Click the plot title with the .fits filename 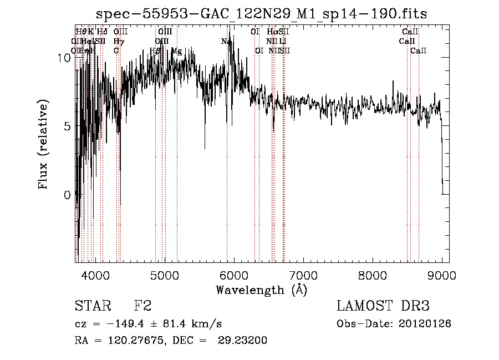pyautogui.click(x=262, y=14)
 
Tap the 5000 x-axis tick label pyautogui.click(x=164, y=275)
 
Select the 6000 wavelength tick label pyautogui.click(x=233, y=275)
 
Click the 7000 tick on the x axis pyautogui.click(x=303, y=275)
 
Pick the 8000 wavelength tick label pyautogui.click(x=372, y=275)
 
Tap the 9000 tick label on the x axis pyautogui.click(x=441, y=275)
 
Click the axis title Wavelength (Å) pyautogui.click(x=261, y=290)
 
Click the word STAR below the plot pyautogui.click(x=92, y=306)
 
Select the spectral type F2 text pyautogui.click(x=142, y=306)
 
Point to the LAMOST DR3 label pyautogui.click(x=383, y=306)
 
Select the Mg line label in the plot pyautogui.click(x=176, y=50)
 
